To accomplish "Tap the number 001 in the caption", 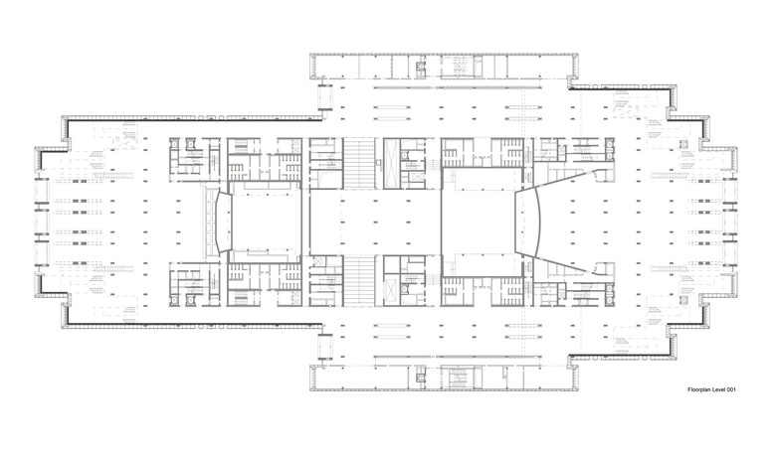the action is pos(731,389).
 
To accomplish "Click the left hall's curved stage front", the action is pos(224,223).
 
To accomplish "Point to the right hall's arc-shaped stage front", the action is pos(532,223).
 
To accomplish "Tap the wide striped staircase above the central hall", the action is pos(359,164).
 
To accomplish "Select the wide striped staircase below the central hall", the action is pos(359,280).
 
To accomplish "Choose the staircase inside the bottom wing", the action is pos(459,379).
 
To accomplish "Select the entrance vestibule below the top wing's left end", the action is pos(324,97).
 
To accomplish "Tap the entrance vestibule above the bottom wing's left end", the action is pos(324,347).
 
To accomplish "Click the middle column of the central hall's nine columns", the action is pos(375,223).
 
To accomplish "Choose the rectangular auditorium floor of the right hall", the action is pos(482,223).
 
